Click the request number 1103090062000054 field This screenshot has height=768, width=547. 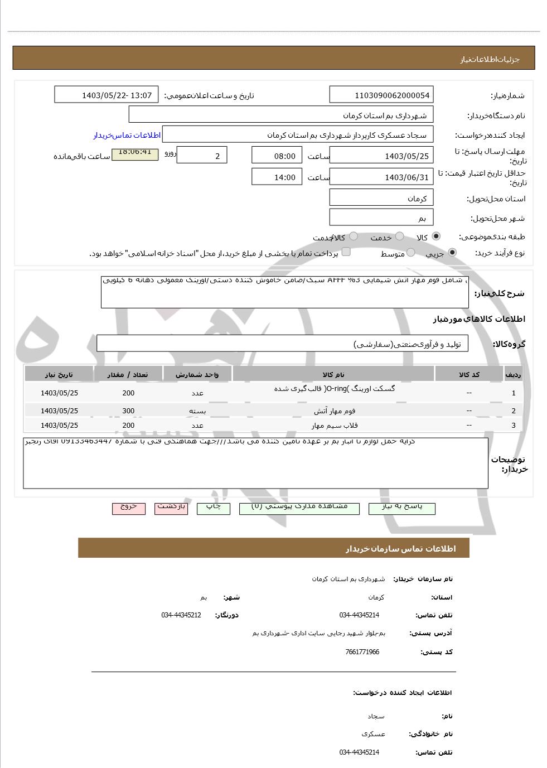pos(381,95)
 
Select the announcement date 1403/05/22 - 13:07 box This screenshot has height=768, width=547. pos(107,95)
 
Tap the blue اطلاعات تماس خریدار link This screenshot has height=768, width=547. pos(127,135)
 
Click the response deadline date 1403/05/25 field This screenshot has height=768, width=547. pos(381,156)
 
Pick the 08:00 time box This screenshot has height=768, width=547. pos(277,156)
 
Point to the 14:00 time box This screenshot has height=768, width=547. pos(277,177)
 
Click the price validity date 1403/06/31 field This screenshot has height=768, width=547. pos(381,177)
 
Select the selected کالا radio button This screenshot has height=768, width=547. pos(435,236)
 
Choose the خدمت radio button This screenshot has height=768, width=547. pos(399,236)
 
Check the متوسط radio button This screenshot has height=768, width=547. pos(410,253)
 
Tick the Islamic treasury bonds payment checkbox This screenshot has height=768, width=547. pos(346,252)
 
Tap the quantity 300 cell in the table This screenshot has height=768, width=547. pos(128,411)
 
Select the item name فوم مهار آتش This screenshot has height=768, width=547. pos(335,411)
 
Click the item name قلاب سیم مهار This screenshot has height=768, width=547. pos(335,425)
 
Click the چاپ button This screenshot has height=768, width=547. pos(214,507)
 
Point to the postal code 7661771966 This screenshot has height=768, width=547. pos(362,652)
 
